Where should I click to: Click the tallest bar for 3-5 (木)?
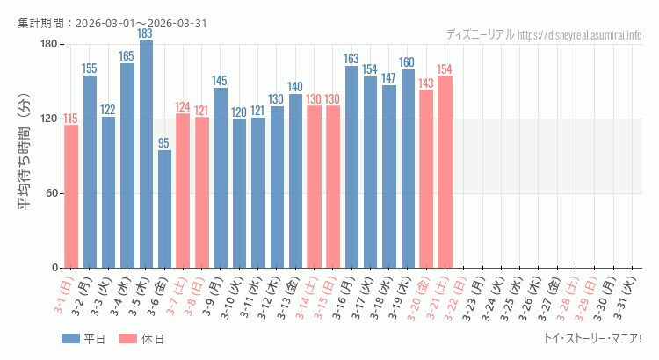[146, 155]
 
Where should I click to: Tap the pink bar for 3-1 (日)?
[71, 196]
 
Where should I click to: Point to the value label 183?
[146, 33]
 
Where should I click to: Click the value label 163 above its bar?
[351, 59]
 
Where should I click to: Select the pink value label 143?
[426, 83]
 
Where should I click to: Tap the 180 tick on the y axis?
[48, 44]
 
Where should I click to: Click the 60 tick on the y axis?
[51, 193]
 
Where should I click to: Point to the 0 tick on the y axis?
[54, 268]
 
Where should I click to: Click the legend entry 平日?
[83, 339]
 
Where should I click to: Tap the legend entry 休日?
[141, 339]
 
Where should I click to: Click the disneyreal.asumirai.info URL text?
[580, 35]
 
